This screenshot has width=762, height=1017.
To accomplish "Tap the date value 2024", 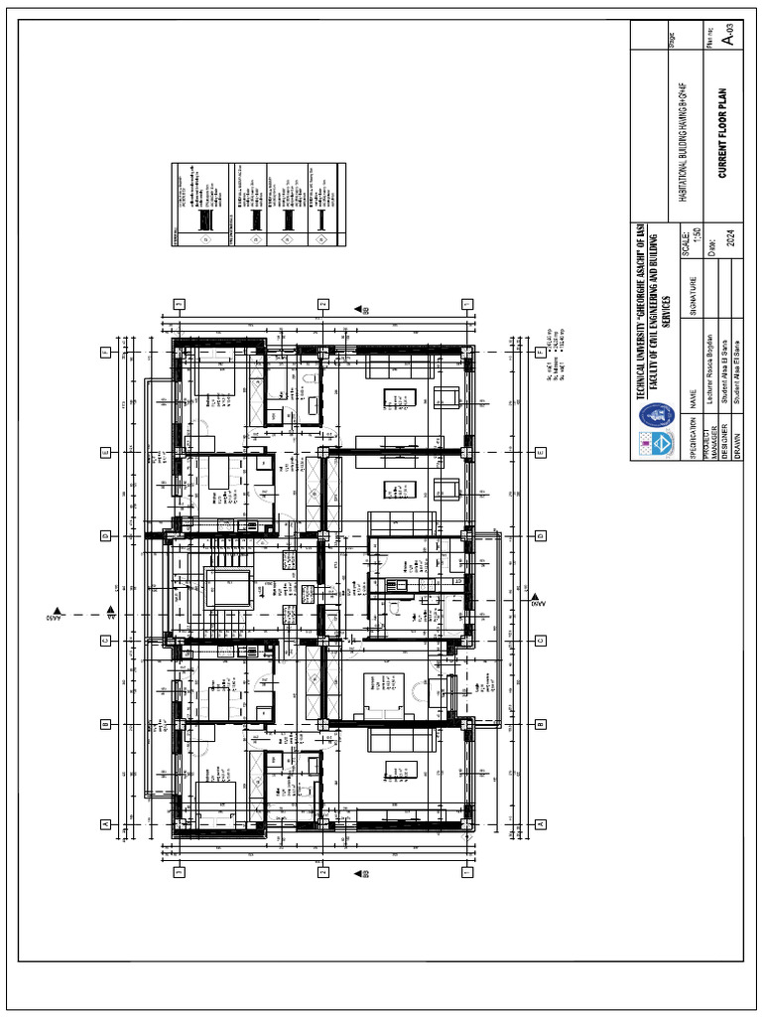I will click(732, 237).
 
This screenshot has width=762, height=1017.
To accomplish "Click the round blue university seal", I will click(655, 415).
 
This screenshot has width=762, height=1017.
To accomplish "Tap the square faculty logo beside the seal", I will click(655, 443).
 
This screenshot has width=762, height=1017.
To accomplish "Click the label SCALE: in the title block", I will click(686, 238).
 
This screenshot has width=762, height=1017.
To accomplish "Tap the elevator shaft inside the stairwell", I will click(221, 587).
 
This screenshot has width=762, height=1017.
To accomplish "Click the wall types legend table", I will click(259, 206).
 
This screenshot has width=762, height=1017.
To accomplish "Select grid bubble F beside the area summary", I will click(541, 353).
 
